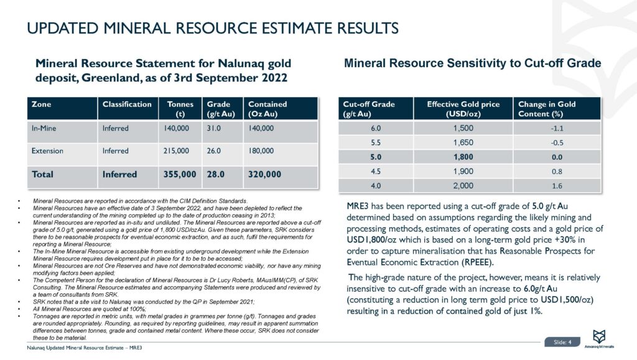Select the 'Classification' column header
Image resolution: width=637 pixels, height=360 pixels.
point(127,104)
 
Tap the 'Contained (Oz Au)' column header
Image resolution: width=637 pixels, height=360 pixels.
point(267,109)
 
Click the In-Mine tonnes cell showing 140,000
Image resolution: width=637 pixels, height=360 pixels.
point(176,129)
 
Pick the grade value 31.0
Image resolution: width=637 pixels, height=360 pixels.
point(215,129)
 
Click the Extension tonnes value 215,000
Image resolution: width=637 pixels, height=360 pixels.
point(176,151)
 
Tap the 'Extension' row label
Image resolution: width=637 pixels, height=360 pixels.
point(45,151)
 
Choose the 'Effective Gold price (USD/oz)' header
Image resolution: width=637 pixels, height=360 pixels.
point(463,109)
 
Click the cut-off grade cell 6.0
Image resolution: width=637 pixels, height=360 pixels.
point(371,128)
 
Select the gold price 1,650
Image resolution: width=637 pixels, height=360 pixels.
point(463,142)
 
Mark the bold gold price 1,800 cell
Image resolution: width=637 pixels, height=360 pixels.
point(463,157)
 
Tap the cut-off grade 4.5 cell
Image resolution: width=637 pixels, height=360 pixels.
point(371,172)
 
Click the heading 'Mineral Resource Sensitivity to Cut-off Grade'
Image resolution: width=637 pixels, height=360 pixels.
point(473,63)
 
